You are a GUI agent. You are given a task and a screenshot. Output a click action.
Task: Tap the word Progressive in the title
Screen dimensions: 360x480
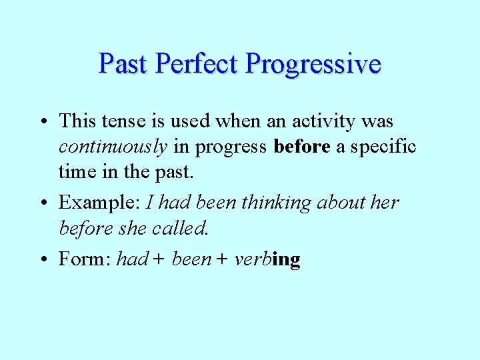(313, 64)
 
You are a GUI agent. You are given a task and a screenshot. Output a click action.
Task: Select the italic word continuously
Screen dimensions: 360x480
(113, 147)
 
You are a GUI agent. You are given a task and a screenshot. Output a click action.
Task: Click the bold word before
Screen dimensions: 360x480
(302, 147)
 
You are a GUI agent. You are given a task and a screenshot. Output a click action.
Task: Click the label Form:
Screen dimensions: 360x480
(85, 259)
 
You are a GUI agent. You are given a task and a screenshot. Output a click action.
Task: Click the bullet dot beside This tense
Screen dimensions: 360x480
(42, 122)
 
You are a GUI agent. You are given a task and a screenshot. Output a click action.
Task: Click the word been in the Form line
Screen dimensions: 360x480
(191, 259)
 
